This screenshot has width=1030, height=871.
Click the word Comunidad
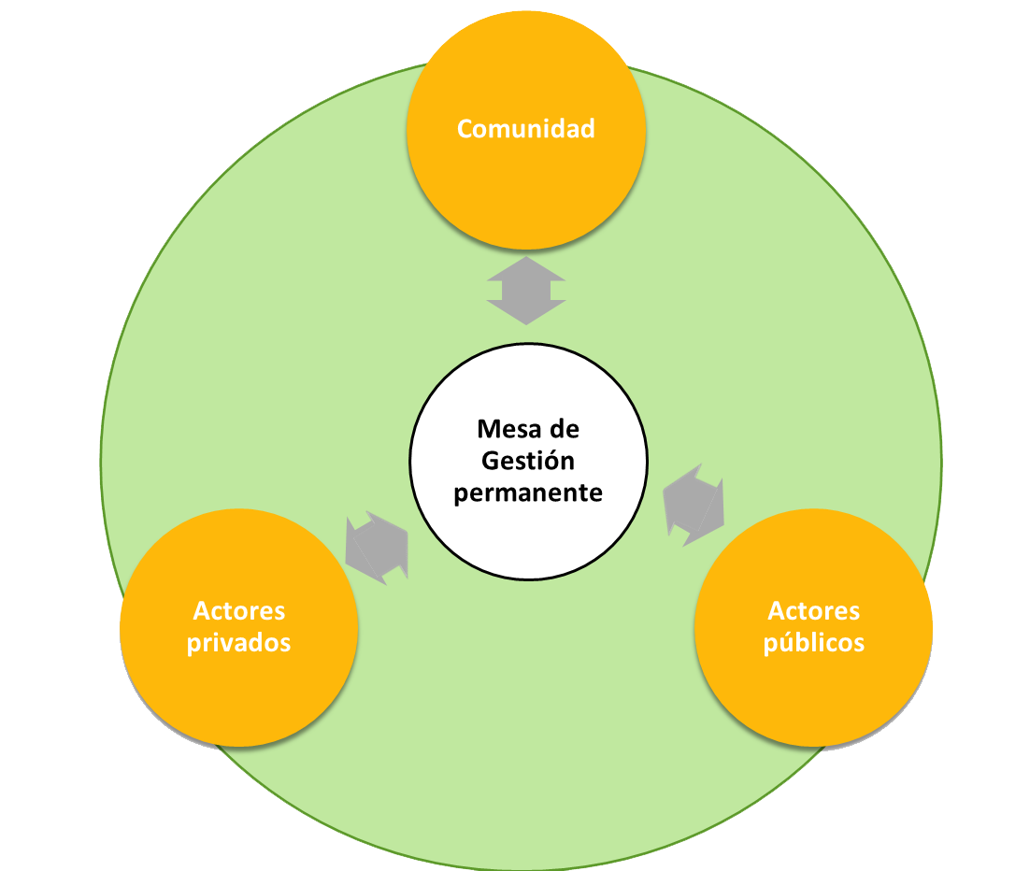point(525,128)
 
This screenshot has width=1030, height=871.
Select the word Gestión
point(528,461)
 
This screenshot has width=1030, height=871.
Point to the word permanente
point(528,493)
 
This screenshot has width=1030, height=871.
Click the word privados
point(239,643)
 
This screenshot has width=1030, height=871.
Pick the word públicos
point(813,643)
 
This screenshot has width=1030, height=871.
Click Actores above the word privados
point(239,611)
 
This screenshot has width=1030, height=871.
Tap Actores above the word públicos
point(813,611)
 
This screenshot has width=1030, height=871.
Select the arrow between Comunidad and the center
point(526,291)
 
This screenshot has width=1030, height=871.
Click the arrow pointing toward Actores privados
point(377,548)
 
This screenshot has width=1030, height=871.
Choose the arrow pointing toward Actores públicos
point(694,505)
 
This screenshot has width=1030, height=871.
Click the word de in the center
point(565,429)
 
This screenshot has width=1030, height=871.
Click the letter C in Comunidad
point(465,128)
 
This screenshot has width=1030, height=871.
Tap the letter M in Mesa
point(487,429)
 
